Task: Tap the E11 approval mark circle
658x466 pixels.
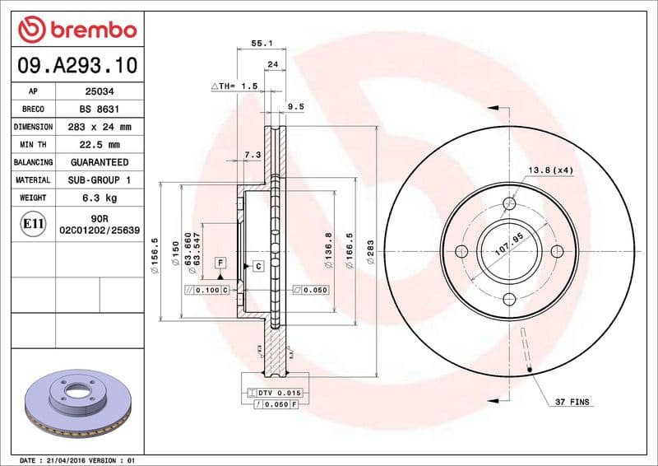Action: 33,223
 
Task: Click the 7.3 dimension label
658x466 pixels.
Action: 253,154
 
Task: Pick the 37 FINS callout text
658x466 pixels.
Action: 572,402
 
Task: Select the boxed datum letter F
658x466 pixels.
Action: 220,262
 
